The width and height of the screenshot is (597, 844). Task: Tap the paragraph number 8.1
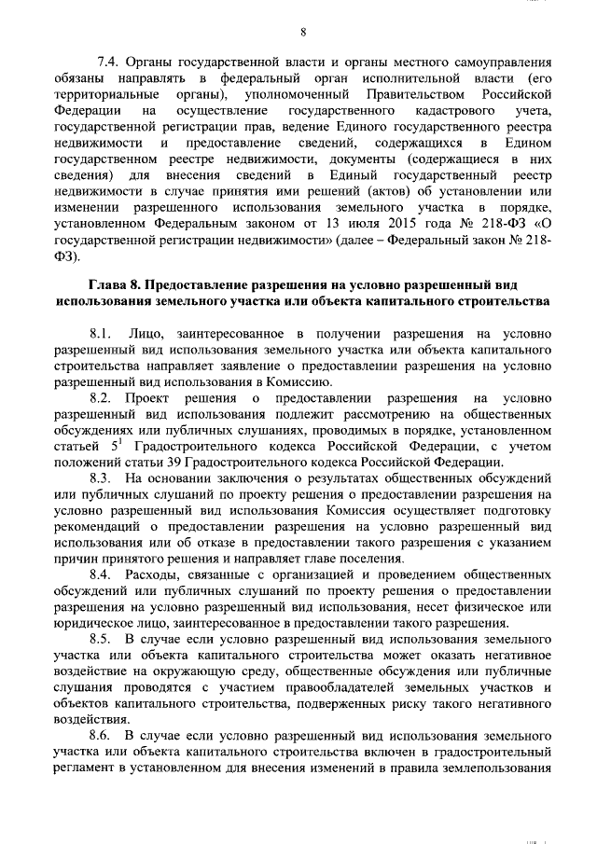tap(101, 333)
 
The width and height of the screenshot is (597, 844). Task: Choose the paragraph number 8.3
tap(101, 478)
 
